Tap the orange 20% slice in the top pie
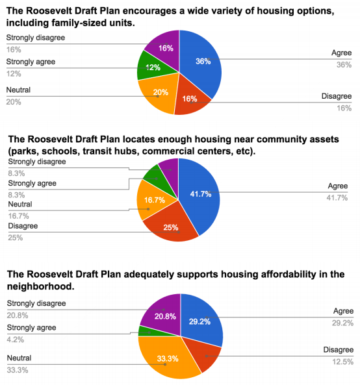click(x=159, y=94)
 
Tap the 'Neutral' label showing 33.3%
click(x=19, y=358)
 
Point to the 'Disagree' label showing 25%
click(x=23, y=227)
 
